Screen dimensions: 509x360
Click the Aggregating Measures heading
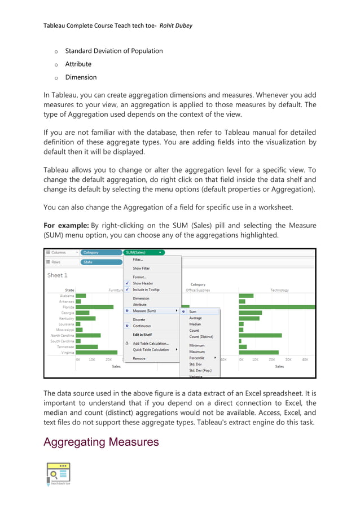point(101,442)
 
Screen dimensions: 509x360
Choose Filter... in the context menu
point(138,260)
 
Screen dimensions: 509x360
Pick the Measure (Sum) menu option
point(144,310)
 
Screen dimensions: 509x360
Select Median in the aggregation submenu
point(195,324)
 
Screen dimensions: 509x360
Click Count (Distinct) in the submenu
point(201,337)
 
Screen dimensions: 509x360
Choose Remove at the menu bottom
point(139,358)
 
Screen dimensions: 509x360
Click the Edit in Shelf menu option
point(142,335)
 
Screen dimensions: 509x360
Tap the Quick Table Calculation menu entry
point(151,349)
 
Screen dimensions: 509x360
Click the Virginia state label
point(67,352)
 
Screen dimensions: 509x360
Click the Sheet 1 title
point(57,275)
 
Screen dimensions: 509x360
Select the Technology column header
point(279,290)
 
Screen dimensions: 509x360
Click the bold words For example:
point(64,225)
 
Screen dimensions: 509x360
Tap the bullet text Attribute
point(78,64)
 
